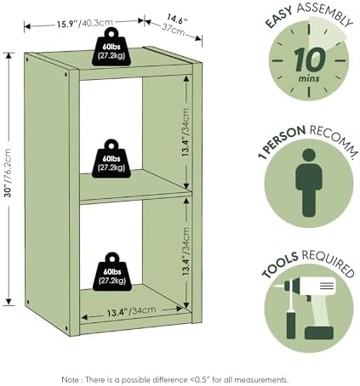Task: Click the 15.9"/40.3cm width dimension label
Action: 84,23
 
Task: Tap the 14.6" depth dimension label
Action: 177,20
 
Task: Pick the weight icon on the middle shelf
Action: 111,159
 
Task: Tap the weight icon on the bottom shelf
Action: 112,271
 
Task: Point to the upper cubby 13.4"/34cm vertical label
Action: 186,133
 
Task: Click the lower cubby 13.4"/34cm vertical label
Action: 186,252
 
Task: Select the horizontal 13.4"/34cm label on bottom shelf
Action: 132,311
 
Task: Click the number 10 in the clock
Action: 309,60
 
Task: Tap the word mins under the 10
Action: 309,78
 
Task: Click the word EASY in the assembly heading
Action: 279,17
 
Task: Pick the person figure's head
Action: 309,156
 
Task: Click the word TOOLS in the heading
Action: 280,264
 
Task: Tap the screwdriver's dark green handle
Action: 291,325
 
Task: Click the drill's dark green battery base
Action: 319,332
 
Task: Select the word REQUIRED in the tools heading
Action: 329,263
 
